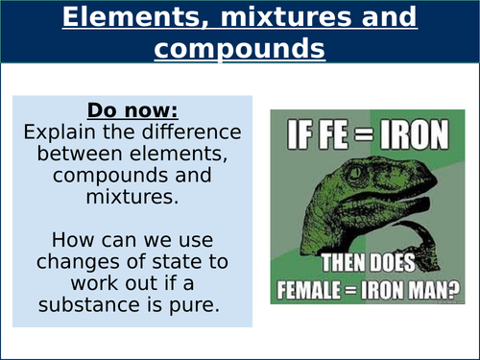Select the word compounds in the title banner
coord(239,48)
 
